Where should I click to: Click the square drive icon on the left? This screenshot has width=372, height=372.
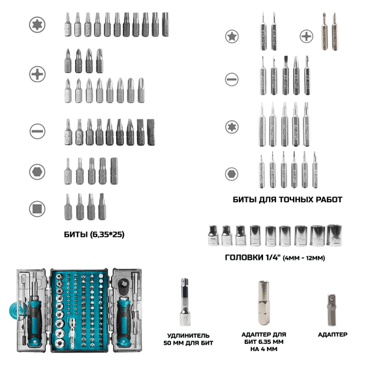click(x=37, y=209)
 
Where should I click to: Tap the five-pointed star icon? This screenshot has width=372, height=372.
click(x=232, y=37)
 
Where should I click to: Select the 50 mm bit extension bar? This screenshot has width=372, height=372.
click(x=185, y=302)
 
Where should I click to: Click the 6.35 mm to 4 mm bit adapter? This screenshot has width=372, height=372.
click(x=264, y=303)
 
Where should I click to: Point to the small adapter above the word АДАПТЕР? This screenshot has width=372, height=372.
click(x=332, y=310)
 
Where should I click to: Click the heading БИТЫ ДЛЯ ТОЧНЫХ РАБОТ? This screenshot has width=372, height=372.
click(x=287, y=200)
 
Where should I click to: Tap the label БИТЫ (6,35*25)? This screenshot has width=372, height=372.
click(x=94, y=234)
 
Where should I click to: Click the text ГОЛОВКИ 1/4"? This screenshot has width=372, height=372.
click(x=253, y=257)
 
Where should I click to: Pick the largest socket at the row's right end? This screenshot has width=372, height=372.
click(x=334, y=236)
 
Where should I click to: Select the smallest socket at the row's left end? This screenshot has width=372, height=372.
click(x=213, y=236)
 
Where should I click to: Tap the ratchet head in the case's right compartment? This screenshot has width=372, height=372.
click(x=123, y=285)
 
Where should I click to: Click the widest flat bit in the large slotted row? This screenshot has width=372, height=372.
click(x=151, y=132)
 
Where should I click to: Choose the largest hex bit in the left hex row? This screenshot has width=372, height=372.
click(x=114, y=171)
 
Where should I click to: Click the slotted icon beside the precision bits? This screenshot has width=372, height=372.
click(x=232, y=79)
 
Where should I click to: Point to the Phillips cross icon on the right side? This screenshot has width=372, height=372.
click(x=307, y=37)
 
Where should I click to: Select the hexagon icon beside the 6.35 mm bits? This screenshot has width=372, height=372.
click(x=37, y=172)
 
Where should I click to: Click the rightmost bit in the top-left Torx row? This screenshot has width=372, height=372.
click(x=165, y=24)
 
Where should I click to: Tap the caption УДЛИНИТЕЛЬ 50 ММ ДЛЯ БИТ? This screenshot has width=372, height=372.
click(x=189, y=339)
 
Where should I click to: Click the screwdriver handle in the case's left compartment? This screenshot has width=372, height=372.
click(x=35, y=320)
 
